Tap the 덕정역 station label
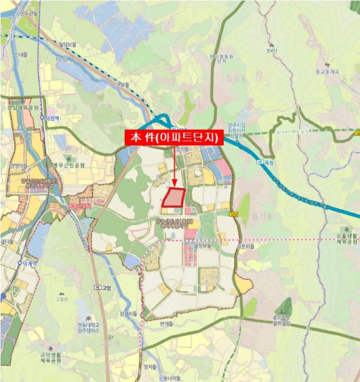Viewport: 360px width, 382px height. pyautogui.click(x=52, y=117)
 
